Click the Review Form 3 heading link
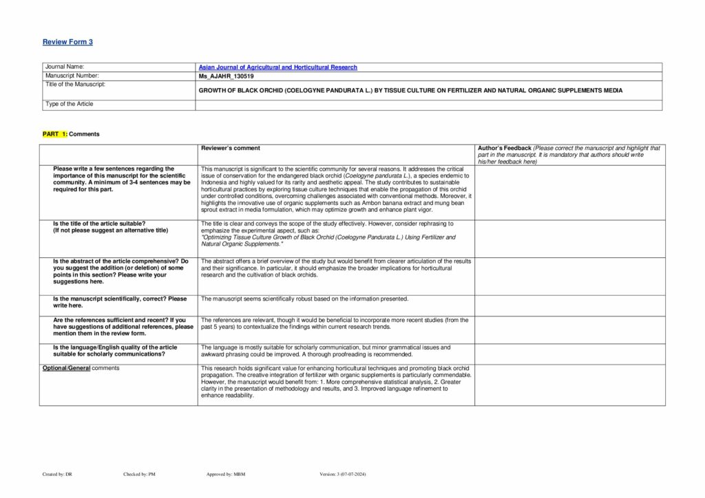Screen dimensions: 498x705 pos(67,42)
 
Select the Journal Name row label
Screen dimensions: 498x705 pos(64,67)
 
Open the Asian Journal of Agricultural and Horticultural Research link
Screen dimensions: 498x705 pos(277,67)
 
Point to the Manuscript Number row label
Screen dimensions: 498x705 pos(72,76)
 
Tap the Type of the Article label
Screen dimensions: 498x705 pos(69,104)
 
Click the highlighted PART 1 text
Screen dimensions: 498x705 pos(55,134)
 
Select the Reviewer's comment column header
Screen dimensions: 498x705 pos(230,148)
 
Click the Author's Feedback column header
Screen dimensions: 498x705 pos(503,148)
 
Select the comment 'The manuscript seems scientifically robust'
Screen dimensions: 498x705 pos(304,299)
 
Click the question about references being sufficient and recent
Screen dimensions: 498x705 pos(123,326)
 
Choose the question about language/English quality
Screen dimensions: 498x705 pos(114,351)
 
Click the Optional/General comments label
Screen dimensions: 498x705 pos(81,368)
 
